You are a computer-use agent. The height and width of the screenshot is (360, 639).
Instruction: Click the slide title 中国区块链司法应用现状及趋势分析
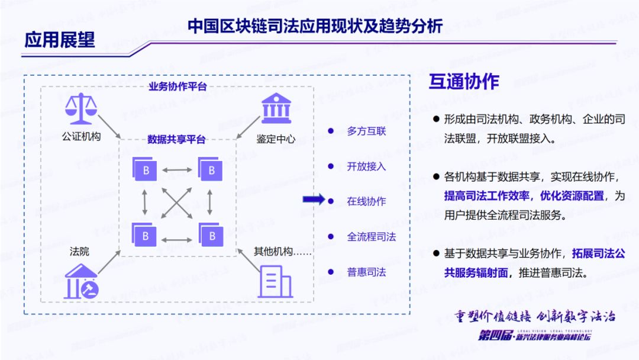315,25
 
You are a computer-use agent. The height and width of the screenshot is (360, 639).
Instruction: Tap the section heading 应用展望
59,39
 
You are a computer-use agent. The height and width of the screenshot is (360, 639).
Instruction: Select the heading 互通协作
464,82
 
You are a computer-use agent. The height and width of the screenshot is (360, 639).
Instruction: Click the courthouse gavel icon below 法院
81,281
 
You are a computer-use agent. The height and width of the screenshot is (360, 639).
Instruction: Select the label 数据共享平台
176,140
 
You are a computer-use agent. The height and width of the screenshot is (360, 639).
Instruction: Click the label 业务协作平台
177,87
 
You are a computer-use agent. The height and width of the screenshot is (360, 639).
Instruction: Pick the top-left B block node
144,170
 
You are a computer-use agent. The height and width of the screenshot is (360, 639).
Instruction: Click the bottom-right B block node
209,235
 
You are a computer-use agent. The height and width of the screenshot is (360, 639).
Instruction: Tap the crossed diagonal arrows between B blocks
177,202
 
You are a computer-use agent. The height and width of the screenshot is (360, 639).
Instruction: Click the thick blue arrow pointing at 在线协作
314,200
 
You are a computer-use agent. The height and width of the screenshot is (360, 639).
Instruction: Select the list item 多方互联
366,131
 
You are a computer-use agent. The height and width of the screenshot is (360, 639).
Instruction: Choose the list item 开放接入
366,166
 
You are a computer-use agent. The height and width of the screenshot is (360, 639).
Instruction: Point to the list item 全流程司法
371,237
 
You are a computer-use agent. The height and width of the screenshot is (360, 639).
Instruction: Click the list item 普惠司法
366,272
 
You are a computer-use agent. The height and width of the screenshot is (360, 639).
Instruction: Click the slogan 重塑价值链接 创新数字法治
535,315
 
